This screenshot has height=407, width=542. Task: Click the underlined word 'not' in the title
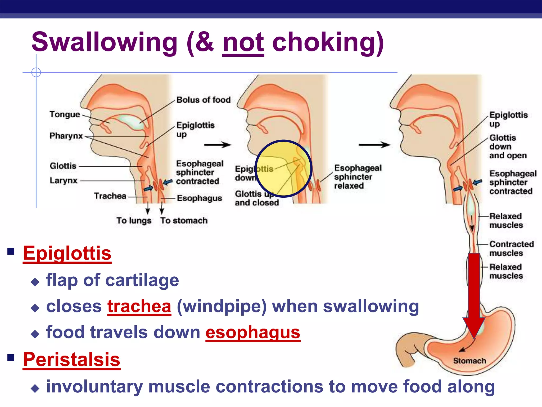coord(243,43)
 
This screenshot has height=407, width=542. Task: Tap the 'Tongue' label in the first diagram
coord(65,114)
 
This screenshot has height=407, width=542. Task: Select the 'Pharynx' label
coord(66,136)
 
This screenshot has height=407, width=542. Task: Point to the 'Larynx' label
coord(64,181)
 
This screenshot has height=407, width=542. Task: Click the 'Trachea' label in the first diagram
coord(110,196)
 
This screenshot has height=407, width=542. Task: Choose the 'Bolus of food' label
coord(203,100)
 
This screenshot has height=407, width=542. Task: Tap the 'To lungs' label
coord(134,220)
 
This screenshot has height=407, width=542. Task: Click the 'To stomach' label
coord(184,220)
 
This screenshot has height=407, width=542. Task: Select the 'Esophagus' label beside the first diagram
coord(199,198)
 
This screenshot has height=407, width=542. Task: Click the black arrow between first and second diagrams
coord(218,145)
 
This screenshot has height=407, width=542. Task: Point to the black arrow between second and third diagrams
coord(374,145)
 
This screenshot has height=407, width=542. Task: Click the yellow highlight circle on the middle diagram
coord(283,169)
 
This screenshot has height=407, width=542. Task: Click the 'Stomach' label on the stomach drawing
coord(469,361)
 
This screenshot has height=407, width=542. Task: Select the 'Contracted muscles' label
coord(511,249)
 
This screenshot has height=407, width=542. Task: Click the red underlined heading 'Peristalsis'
coord(71,360)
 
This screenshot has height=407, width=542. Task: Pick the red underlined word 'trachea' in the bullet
coord(139,307)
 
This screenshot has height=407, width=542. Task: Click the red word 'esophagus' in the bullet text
coord(253,333)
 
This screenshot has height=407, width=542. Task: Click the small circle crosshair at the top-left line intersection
coord(36,72)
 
